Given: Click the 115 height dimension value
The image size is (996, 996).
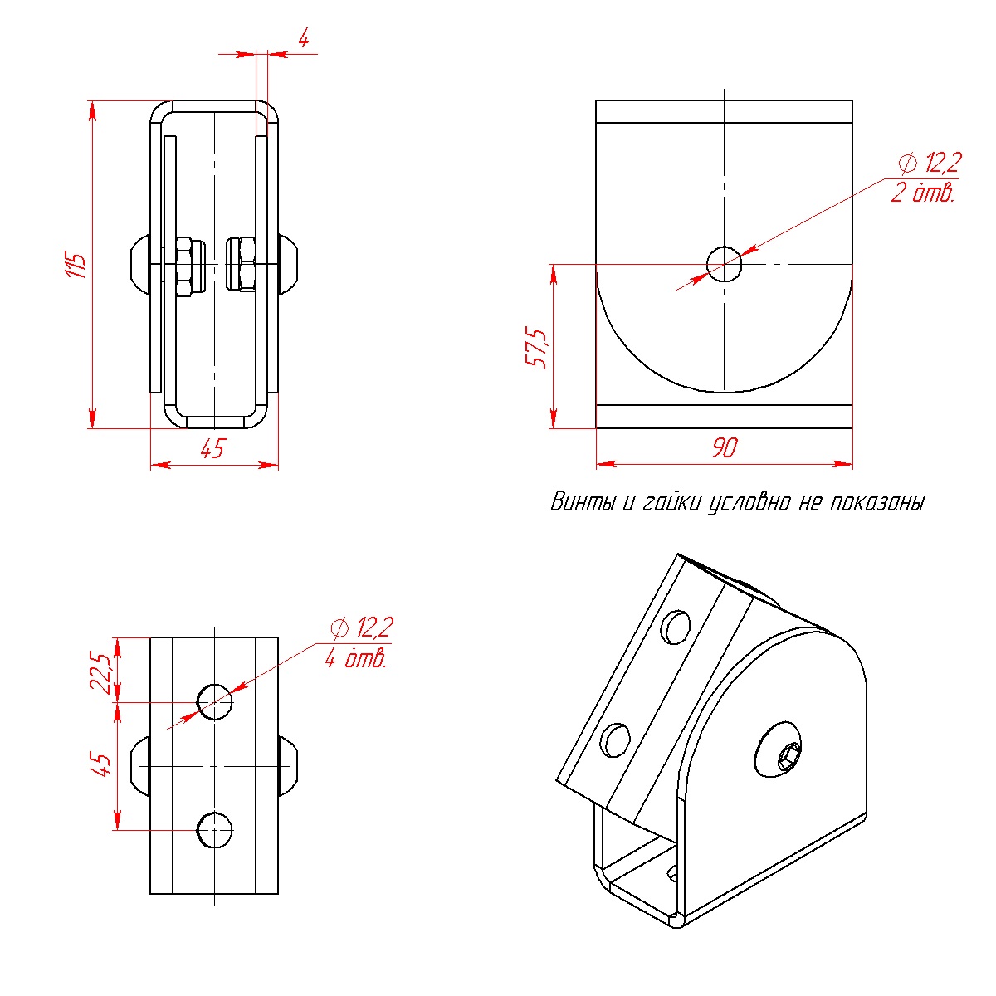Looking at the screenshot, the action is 76,266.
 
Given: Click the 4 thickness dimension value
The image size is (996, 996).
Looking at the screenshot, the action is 304,39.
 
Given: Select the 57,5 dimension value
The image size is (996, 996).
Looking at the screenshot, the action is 536,347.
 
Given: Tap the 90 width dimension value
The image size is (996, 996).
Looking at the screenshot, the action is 724,447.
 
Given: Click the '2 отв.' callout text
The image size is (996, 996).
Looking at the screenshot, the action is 923,193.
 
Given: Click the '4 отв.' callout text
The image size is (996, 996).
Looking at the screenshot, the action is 356,659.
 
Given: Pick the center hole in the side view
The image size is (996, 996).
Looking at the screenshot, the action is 724,264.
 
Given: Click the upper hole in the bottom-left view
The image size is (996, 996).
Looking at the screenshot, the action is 215,702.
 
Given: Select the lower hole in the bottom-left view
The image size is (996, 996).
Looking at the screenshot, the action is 215,830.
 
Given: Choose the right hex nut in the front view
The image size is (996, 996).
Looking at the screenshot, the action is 242,264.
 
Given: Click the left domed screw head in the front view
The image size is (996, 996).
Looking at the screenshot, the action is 140,264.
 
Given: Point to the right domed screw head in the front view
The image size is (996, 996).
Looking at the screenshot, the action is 288,264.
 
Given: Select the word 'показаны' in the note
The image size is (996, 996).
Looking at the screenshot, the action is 877,502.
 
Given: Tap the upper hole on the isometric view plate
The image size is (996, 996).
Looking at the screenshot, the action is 676,627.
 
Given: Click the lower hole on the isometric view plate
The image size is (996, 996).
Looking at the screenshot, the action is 617,740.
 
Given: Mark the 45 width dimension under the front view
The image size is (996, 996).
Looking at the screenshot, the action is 212,448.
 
